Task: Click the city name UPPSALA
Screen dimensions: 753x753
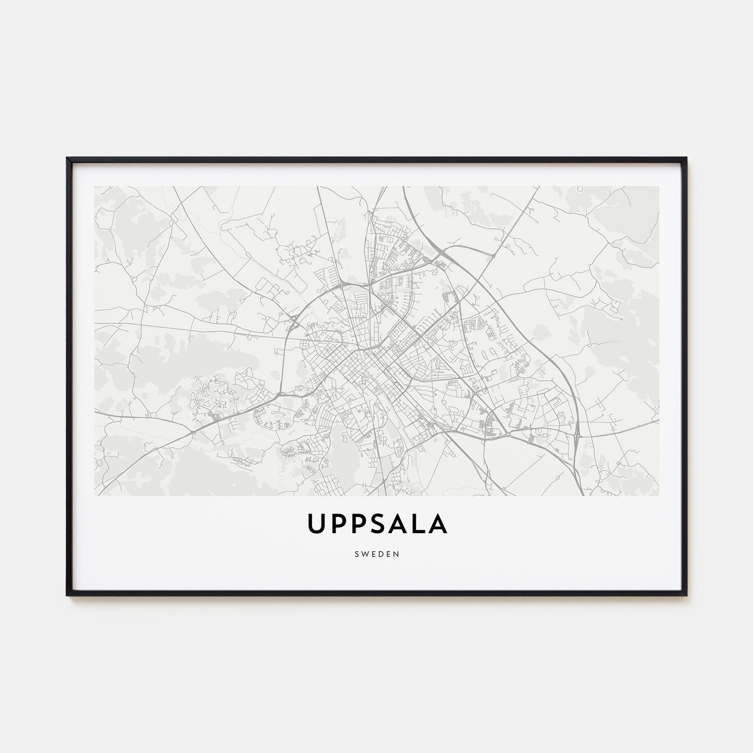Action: tap(376, 525)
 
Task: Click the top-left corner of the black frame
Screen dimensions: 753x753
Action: tap(67, 158)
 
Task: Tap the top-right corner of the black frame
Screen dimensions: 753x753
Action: tap(687, 158)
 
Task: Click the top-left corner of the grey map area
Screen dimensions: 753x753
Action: tap(95, 187)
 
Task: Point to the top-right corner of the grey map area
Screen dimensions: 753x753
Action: tap(659, 187)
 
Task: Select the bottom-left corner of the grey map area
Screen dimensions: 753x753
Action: tap(95, 495)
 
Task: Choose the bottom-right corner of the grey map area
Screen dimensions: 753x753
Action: tap(659, 495)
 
